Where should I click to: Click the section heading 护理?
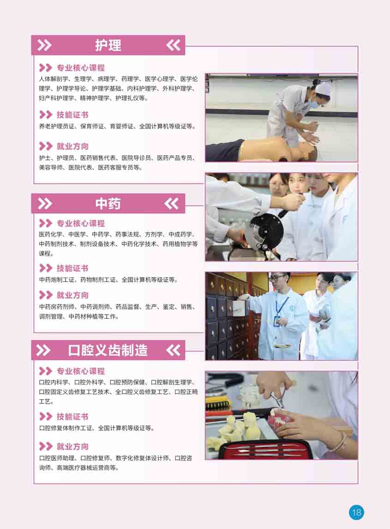click(x=108, y=45)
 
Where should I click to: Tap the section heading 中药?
click(x=108, y=204)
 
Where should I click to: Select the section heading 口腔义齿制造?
click(x=108, y=350)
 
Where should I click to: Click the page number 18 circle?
click(x=356, y=512)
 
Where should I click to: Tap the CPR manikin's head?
click(x=303, y=150)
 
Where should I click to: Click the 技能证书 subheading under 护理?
click(x=72, y=115)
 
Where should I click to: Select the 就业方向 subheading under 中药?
click(x=72, y=295)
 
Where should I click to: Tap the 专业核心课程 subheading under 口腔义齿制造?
click(x=81, y=371)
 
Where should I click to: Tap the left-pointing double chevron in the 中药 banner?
click(x=172, y=204)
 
